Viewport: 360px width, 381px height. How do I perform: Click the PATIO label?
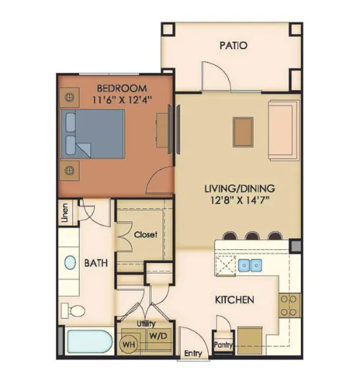pyautogui.click(x=233, y=45)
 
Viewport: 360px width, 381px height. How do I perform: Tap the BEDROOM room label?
pyautogui.click(x=122, y=88)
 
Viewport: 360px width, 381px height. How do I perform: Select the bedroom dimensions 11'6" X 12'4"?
pyautogui.click(x=122, y=99)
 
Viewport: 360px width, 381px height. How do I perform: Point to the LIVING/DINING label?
pyautogui.click(x=240, y=189)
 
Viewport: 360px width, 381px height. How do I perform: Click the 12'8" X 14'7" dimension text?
pyautogui.click(x=240, y=200)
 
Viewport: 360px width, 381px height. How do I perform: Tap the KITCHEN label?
pyautogui.click(x=235, y=300)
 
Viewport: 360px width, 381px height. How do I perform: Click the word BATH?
pyautogui.click(x=96, y=263)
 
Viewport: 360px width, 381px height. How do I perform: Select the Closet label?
pyautogui.click(x=145, y=235)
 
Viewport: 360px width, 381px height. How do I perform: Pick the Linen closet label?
pyautogui.click(x=65, y=213)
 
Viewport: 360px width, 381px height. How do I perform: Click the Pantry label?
pyautogui.click(x=223, y=345)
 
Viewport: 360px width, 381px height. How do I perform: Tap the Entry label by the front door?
pyautogui.click(x=193, y=354)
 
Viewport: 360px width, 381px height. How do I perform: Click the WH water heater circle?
pyautogui.click(x=129, y=344)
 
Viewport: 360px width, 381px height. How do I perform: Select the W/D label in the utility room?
pyautogui.click(x=158, y=336)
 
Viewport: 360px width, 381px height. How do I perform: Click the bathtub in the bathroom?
pyautogui.click(x=90, y=341)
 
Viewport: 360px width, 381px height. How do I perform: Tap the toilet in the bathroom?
pyautogui.click(x=73, y=310)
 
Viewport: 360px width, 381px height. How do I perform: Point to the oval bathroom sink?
pyautogui.click(x=71, y=262)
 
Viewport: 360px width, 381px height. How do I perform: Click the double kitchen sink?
pyautogui.click(x=251, y=265)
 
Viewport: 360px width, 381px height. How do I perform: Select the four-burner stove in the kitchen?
pyautogui.click(x=289, y=305)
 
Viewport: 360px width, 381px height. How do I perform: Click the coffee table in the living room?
pyautogui.click(x=243, y=133)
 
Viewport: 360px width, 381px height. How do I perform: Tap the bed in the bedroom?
pyautogui.click(x=93, y=134)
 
